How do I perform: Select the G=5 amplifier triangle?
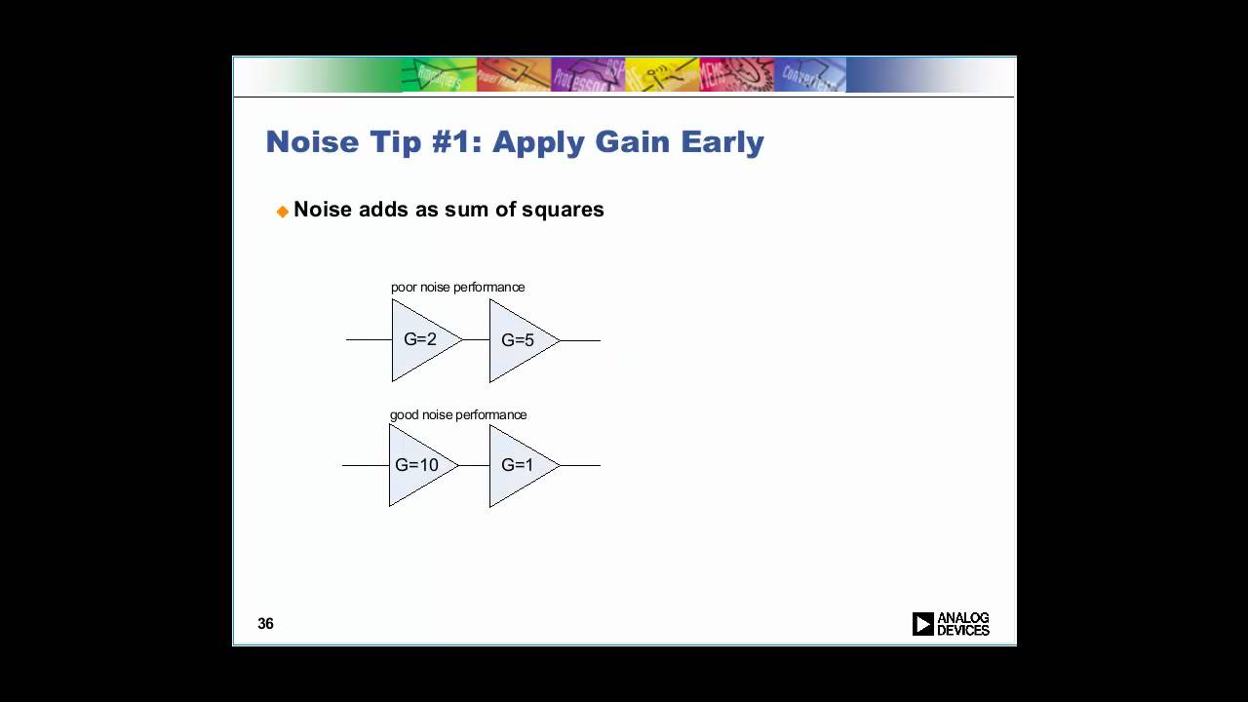[519, 340]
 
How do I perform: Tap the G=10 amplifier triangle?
[418, 465]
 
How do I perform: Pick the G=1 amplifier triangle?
[519, 465]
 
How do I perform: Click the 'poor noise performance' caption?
[457, 288]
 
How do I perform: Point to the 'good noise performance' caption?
[458, 415]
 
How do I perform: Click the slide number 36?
[265, 624]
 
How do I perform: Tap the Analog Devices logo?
[951, 624]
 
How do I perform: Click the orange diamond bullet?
[283, 211]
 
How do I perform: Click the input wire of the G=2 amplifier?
[369, 339]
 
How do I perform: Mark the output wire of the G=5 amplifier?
[580, 340]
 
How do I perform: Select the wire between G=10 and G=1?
[474, 465]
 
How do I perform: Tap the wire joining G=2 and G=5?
[476, 339]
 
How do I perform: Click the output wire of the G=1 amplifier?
[580, 465]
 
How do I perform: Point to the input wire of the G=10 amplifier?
[366, 465]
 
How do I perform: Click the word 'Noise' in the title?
[310, 142]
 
